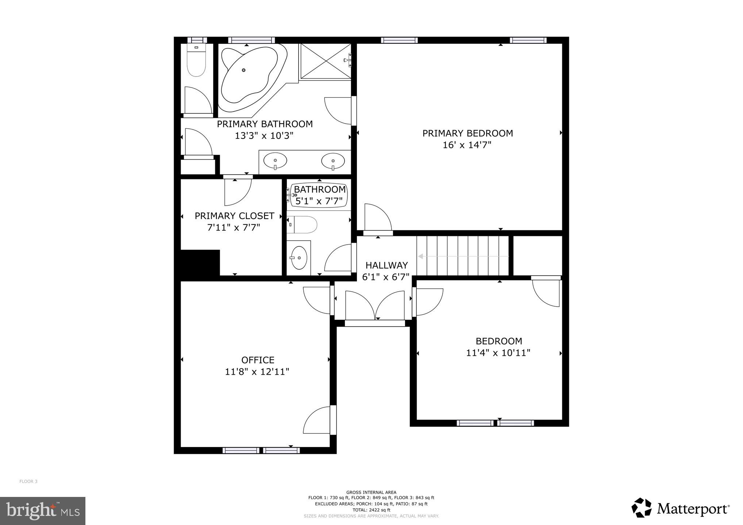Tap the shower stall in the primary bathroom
point(325,61)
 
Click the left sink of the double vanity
point(275,160)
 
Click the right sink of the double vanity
point(333,160)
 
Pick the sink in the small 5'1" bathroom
point(299,258)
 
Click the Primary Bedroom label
point(467,133)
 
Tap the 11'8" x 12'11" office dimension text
point(257,372)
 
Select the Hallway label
point(386,265)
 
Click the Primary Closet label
point(234,216)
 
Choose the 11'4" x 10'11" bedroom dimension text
point(498,353)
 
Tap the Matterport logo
point(681,508)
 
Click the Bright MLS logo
point(43,511)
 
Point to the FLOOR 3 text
point(28,481)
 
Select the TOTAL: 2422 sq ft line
point(371,510)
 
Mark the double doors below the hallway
point(375,306)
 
